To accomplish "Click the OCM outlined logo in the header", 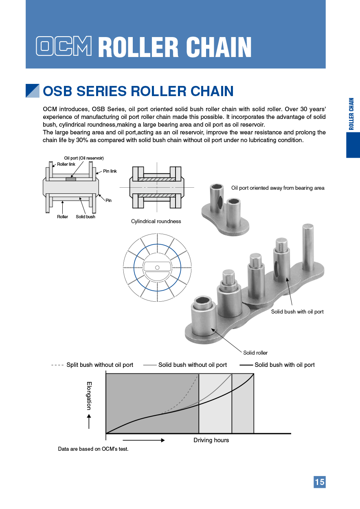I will pyautogui.click(x=64, y=46).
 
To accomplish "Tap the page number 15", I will pyautogui.click(x=320, y=482).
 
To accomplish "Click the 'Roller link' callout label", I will pyautogui.click(x=66, y=164).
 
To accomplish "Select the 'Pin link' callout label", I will pyautogui.click(x=110, y=171).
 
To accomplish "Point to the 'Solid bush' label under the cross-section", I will pyautogui.click(x=86, y=217).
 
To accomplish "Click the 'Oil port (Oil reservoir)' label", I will pyautogui.click(x=84, y=158).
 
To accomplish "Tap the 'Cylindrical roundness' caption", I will pyautogui.click(x=156, y=221).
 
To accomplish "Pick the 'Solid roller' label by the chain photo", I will pyautogui.click(x=255, y=353).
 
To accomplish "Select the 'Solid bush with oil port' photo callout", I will pyautogui.click(x=297, y=312).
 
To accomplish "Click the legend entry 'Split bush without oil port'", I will pyautogui.click(x=100, y=365).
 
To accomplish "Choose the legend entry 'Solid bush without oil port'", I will pyautogui.click(x=193, y=365).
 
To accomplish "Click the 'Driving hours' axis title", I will pyautogui.click(x=211, y=440).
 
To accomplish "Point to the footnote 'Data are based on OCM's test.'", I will pyautogui.click(x=93, y=449).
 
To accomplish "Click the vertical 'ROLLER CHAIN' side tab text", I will pyautogui.click(x=351, y=114).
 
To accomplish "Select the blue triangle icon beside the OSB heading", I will pyautogui.click(x=33, y=91).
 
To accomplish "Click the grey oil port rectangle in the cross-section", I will pyautogui.click(x=70, y=179).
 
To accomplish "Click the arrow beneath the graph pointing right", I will pyautogui.click(x=143, y=440).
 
